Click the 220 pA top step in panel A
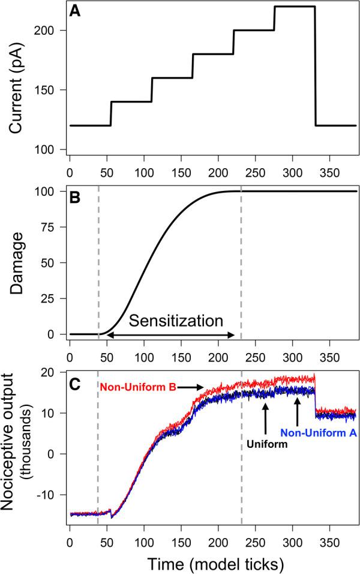(x=295, y=7)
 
